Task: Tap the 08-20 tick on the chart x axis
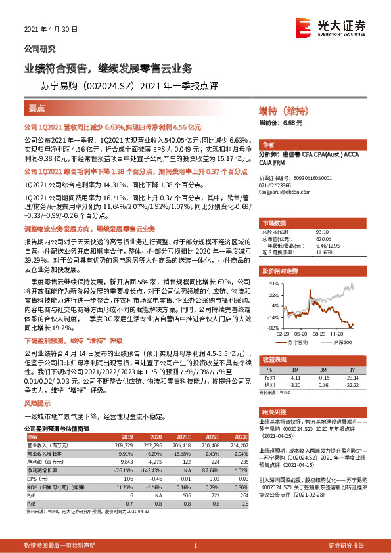coord(319,333)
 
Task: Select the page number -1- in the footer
coord(195,546)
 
